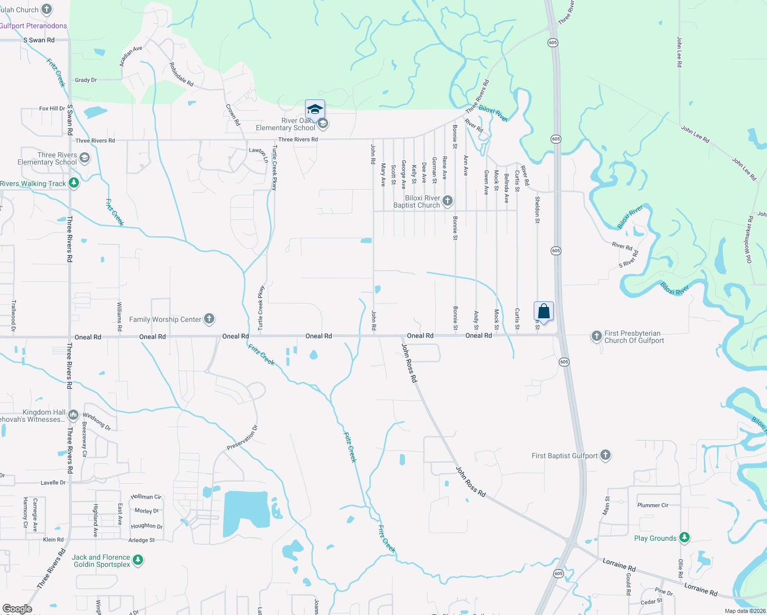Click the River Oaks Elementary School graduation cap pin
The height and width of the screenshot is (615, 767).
[315, 110]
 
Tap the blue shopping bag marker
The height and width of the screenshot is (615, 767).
[543, 311]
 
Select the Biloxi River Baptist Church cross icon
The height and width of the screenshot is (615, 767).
[448, 201]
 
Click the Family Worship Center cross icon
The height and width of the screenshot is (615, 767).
[209, 319]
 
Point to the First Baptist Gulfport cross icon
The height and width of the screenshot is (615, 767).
[605, 455]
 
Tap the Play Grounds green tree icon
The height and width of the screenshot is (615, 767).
[684, 538]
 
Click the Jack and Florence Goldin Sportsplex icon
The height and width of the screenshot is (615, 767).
[138, 560]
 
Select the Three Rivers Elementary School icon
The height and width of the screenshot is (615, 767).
[85, 158]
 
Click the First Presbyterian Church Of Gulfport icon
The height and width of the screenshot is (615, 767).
[596, 336]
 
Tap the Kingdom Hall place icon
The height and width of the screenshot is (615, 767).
[73, 415]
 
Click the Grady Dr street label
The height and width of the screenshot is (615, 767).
[86, 80]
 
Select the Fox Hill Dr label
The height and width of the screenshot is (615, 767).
[52, 109]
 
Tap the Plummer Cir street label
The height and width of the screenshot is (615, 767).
[653, 505]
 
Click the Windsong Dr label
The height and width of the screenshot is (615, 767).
[97, 421]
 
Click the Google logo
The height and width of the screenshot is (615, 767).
[17, 609]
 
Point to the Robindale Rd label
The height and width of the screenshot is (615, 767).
[181, 75]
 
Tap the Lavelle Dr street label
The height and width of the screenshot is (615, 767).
[53, 483]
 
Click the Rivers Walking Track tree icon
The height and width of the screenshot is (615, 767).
[74, 183]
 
